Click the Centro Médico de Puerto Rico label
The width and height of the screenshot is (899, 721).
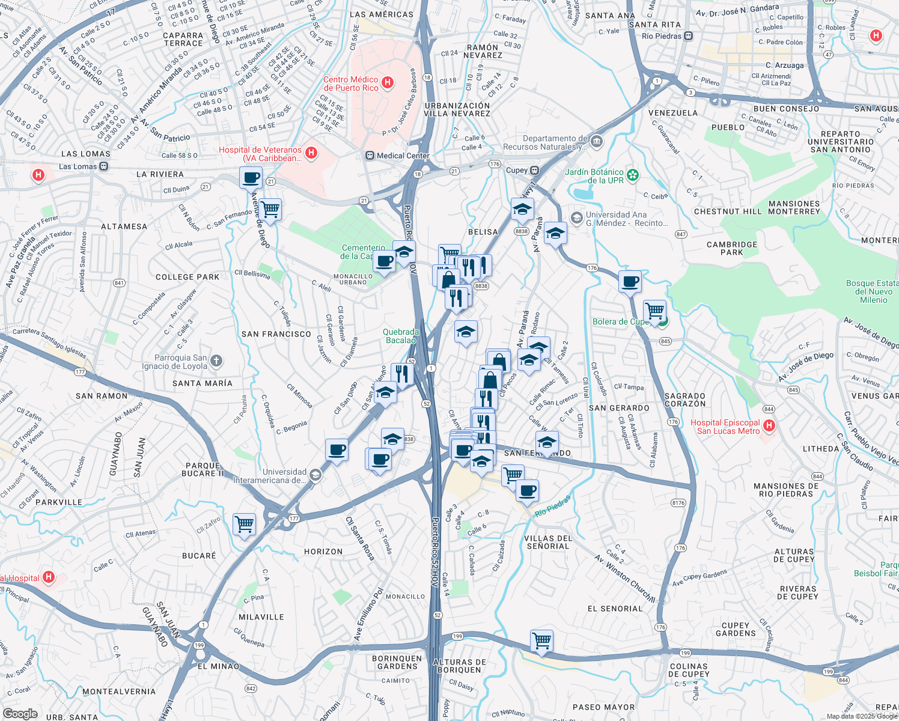pos(351,84)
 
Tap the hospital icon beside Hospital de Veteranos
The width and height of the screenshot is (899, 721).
pos(311,153)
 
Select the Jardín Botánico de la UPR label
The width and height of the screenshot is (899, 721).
pos(594,176)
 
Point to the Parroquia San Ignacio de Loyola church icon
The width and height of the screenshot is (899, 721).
pos(216,361)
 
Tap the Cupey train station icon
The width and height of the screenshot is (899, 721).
pos(534,171)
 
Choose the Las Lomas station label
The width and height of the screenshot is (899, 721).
pos(78,166)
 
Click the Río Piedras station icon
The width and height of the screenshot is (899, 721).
pos(689,36)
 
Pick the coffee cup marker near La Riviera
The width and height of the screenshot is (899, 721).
pos(251,178)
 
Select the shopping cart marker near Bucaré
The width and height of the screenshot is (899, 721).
pos(244,524)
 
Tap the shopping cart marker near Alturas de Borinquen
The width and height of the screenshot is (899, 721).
pos(541,641)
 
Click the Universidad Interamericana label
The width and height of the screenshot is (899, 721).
pos(284,476)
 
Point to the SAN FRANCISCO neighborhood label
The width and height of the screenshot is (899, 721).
pos(276,334)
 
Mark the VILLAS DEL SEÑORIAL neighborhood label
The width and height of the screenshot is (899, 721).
pos(548,543)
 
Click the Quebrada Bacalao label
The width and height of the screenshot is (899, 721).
pos(401,336)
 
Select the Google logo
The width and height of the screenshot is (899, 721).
pos(20,714)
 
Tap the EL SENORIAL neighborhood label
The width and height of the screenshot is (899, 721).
pos(615,609)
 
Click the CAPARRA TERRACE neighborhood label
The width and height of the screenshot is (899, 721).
pos(183,40)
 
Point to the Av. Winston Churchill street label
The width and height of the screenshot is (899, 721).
pos(624,578)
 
